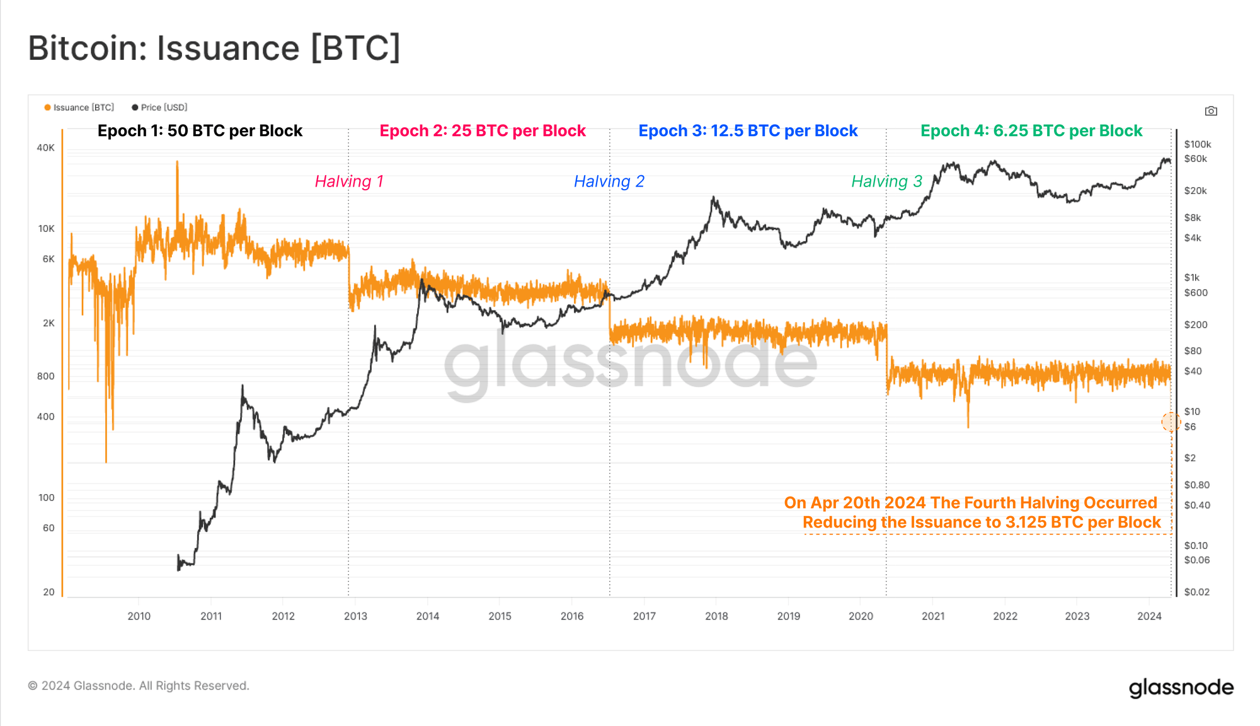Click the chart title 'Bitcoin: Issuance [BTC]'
[214, 49]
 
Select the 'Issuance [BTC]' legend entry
[79, 108]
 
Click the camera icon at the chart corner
[1211, 111]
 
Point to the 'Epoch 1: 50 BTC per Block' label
[200, 131]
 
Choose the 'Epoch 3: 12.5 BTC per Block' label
[748, 131]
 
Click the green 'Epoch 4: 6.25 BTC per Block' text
[1031, 131]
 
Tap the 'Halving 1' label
[349, 181]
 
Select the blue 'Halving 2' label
[609, 181]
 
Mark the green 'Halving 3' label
[886, 181]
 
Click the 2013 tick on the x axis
[355, 616]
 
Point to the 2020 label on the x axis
[861, 616]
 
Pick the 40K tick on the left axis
[46, 148]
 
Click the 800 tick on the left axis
[46, 376]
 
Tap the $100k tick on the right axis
[1198, 145]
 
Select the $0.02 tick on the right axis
[1197, 592]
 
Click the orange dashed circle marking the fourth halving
[1171, 422]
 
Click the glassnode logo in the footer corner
[1181, 688]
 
